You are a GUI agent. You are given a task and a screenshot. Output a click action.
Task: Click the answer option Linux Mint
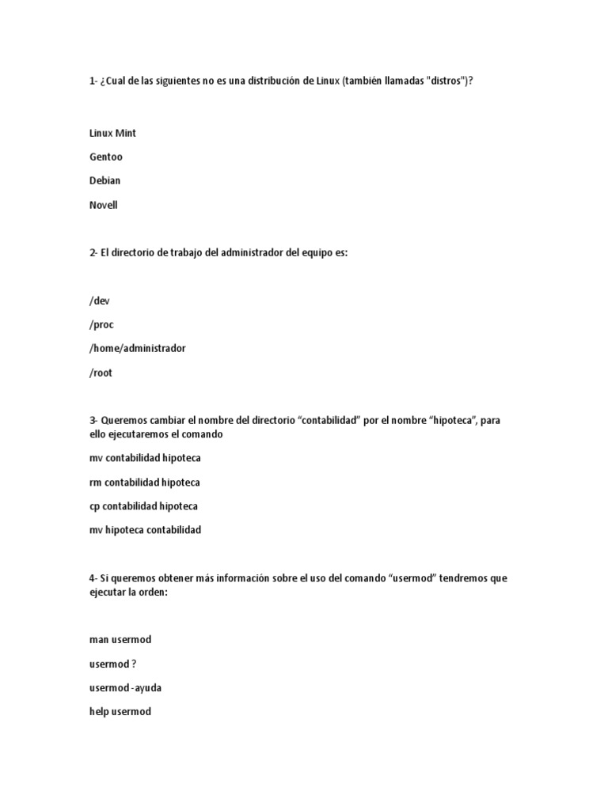point(112,133)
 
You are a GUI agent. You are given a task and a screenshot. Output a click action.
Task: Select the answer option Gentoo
point(106,157)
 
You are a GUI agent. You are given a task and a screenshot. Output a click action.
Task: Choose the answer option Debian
point(104,180)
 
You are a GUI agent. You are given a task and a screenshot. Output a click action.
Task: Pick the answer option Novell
point(103,205)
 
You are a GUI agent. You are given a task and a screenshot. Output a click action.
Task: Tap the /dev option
point(99,301)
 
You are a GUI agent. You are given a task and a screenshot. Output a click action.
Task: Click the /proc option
point(101,324)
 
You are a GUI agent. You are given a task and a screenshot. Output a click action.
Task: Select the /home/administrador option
point(137,348)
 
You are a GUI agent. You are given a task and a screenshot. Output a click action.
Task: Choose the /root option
point(101,373)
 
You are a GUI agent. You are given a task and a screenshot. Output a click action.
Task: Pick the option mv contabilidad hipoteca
point(144,458)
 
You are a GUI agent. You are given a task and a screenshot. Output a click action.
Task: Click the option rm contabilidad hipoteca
point(144,482)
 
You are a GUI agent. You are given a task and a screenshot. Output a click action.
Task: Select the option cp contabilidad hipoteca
point(143,505)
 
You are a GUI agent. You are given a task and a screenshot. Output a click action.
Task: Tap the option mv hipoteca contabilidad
point(145,529)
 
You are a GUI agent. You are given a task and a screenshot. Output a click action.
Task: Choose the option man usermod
point(120,639)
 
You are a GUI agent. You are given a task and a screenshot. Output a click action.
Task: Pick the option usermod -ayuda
point(125,687)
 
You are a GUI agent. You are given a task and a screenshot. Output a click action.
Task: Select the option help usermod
point(120,711)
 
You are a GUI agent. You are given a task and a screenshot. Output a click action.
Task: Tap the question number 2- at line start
point(93,253)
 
